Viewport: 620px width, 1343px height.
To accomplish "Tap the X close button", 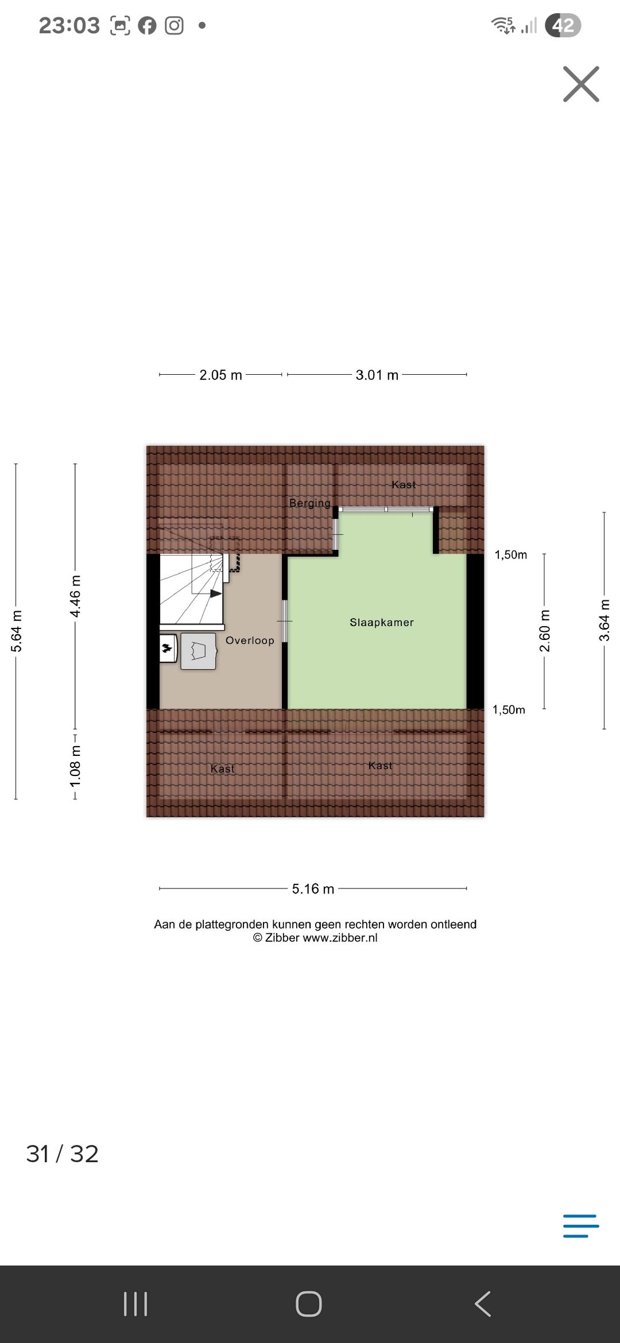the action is tap(581, 84).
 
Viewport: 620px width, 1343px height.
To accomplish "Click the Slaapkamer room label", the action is tap(382, 622).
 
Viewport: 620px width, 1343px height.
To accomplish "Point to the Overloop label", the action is tap(250, 641).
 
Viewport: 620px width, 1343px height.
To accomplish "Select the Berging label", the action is tap(310, 503).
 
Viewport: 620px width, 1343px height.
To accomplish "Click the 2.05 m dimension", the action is tap(221, 375).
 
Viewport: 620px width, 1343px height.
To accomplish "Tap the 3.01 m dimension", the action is tap(377, 375).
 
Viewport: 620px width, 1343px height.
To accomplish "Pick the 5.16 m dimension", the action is tap(313, 889).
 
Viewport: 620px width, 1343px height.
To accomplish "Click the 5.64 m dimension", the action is tap(17, 631).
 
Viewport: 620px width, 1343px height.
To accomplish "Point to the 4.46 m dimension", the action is tap(75, 596).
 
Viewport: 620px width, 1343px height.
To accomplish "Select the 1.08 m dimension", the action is tap(75, 767).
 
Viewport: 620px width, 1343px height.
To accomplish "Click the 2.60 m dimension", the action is tap(545, 631).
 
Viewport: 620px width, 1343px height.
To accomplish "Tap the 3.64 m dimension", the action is tap(604, 620).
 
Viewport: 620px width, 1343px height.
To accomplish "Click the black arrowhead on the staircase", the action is tap(216, 593).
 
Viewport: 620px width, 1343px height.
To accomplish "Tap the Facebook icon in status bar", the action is tap(147, 26).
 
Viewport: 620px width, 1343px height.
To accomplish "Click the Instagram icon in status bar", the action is tap(174, 26).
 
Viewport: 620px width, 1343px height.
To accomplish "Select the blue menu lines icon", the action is tap(581, 1226).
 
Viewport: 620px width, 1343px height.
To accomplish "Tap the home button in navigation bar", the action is tap(309, 1304).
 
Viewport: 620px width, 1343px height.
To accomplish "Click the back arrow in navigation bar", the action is tap(483, 1304).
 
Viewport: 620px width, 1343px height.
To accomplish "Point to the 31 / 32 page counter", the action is tap(62, 1154).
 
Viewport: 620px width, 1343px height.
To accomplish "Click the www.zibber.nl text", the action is tap(340, 938).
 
